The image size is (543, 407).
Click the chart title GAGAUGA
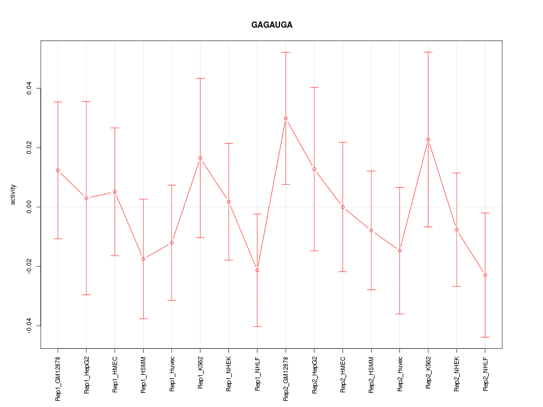[271, 25]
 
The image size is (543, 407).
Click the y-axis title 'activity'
[14, 194]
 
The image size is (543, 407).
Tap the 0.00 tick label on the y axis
[29, 207]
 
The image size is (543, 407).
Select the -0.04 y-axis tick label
[29, 326]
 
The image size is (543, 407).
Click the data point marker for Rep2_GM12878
[286, 118]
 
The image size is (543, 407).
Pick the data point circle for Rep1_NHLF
[257, 270]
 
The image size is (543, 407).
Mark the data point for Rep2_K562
[428, 139]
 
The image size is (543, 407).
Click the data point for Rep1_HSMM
[143, 259]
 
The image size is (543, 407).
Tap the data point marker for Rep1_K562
[200, 158]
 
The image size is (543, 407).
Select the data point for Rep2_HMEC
[343, 207]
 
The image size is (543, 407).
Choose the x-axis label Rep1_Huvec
[172, 373]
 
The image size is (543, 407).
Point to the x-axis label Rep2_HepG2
[314, 374]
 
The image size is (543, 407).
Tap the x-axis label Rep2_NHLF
[485, 373]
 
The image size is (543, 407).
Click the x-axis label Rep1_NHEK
[229, 373]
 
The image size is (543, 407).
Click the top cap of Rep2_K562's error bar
[428, 52]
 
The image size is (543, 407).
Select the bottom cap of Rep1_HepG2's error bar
[86, 295]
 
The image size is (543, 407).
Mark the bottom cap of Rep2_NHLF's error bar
[485, 337]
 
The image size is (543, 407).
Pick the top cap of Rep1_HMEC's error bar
[115, 128]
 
